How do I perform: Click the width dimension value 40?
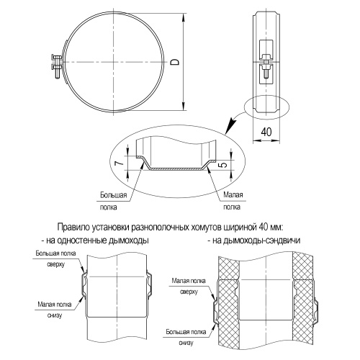[x=266, y=132]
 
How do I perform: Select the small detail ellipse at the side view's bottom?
[x=265, y=107]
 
